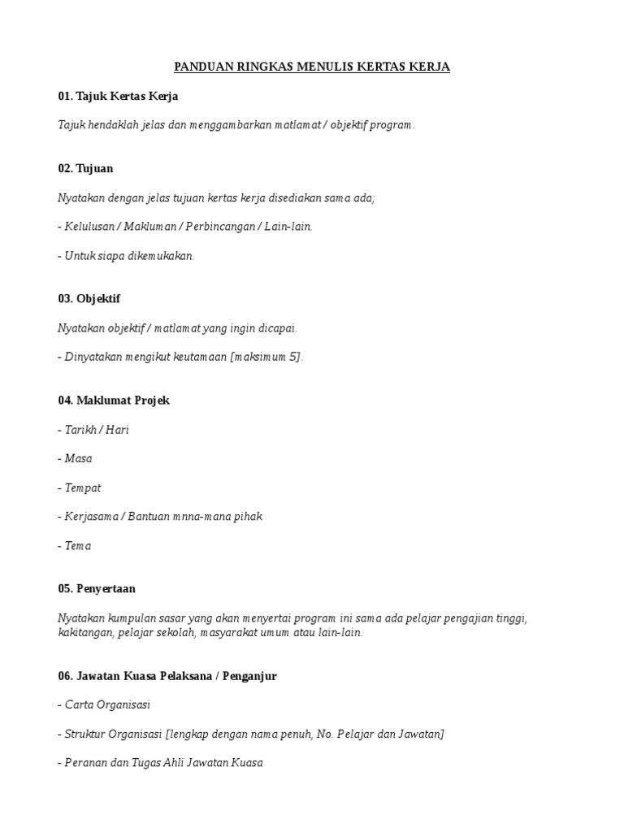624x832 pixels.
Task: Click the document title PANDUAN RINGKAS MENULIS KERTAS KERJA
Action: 312,67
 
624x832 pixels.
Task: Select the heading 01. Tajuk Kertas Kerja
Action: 118,96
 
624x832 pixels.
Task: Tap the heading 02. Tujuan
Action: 85,168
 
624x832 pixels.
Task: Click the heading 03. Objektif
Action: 89,298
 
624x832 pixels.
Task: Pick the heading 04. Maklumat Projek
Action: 114,401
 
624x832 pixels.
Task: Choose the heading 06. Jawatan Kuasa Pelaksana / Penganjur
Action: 167,676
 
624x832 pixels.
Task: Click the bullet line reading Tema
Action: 75,545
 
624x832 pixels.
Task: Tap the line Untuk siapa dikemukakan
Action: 127,256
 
